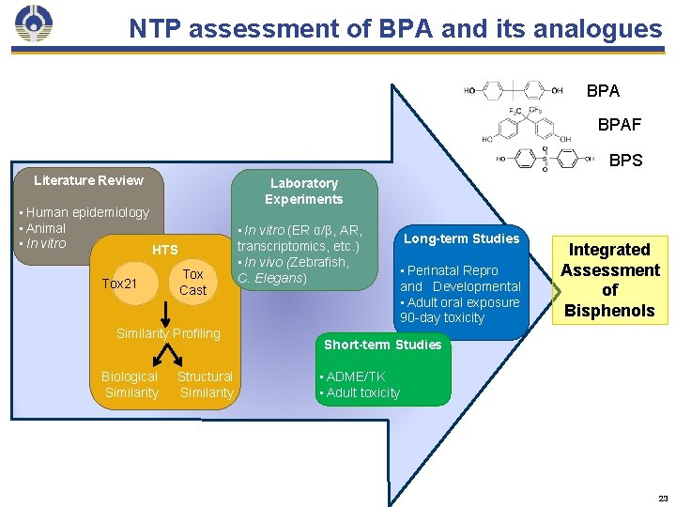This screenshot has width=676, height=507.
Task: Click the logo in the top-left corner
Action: (34, 25)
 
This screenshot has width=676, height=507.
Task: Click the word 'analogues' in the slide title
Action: (600, 29)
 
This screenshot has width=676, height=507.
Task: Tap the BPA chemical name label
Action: (603, 91)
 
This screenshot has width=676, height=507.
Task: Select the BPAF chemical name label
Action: (620, 124)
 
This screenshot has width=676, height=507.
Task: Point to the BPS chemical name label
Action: (625, 161)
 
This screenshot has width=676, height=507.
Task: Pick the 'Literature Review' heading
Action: (88, 180)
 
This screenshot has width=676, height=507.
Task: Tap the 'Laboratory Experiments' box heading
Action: (303, 191)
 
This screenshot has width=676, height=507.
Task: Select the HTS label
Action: (164, 250)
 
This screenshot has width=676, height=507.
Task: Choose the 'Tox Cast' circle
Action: (192, 283)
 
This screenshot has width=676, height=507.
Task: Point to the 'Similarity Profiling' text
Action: (167, 333)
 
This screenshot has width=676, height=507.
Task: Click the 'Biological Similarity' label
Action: (131, 385)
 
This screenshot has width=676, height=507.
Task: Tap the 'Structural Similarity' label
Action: (206, 385)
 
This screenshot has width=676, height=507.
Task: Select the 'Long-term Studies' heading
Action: (462, 238)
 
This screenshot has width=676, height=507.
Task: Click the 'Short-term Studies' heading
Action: (382, 345)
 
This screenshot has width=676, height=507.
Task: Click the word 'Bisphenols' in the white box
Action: (609, 311)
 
